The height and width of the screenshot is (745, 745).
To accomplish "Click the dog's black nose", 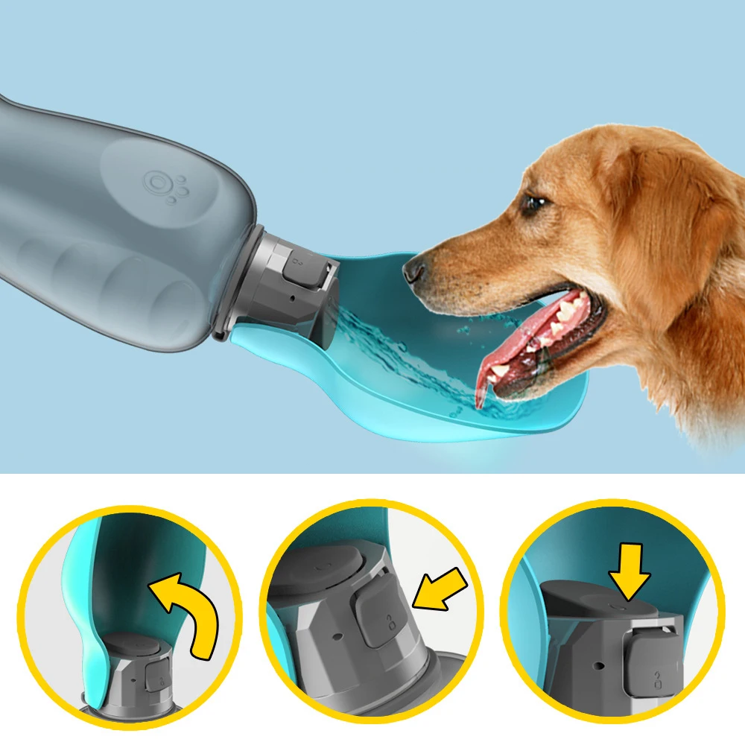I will pos(413,270).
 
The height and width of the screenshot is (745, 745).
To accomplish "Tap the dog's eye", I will pos(533,203).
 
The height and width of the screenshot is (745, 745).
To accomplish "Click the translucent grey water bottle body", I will pos(112,223).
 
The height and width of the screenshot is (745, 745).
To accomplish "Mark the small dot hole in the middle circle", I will pos(337,638).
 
